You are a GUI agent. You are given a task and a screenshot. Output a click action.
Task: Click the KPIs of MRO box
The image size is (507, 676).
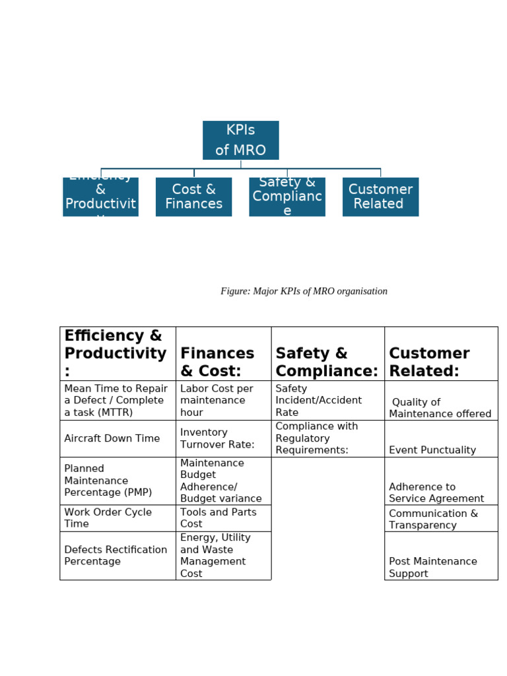click(240, 140)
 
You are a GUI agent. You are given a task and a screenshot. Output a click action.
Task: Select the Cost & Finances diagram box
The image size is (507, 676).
click(193, 197)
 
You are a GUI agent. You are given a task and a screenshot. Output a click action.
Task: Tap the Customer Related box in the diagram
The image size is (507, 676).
click(380, 197)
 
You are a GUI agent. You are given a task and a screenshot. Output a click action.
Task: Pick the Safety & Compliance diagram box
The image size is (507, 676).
click(287, 197)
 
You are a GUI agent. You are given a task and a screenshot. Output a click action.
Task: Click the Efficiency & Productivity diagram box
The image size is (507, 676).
click(100, 197)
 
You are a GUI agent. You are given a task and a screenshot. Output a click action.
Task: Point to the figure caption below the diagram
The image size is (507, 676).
click(304, 291)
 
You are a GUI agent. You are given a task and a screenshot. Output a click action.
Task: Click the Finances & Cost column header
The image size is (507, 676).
click(223, 361)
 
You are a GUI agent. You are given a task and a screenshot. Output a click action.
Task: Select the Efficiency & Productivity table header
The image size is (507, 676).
click(118, 354)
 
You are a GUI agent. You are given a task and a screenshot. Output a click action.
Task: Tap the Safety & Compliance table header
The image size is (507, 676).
click(327, 362)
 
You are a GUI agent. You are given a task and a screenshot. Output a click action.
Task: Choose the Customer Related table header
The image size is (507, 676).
click(440, 362)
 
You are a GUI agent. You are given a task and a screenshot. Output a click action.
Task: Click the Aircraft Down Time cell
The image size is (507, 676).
click(118, 438)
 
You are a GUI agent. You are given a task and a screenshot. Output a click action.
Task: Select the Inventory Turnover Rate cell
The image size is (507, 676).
click(223, 438)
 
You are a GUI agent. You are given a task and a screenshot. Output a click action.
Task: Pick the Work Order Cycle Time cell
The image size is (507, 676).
click(118, 518)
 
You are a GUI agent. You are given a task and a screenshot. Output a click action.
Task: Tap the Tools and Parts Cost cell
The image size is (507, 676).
click(223, 518)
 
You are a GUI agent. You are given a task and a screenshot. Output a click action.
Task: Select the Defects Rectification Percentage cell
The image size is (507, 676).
click(118, 556)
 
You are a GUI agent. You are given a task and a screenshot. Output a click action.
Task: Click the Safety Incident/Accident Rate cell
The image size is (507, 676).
click(327, 401)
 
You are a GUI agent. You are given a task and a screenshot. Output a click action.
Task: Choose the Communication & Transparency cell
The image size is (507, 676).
click(440, 519)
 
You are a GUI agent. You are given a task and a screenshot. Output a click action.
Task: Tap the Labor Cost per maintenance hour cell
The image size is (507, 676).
click(223, 401)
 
